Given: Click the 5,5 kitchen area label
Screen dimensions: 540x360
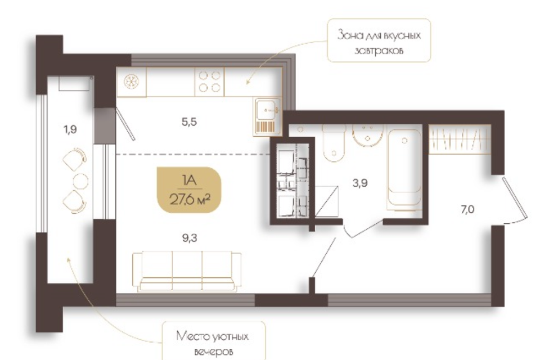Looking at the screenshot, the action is point(189,121).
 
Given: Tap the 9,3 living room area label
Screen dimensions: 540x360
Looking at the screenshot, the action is point(190,238).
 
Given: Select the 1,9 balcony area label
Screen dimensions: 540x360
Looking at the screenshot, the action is point(70,129).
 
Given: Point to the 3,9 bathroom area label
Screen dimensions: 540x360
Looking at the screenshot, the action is point(360,183).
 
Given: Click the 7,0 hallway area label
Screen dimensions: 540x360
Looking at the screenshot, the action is point(467,209).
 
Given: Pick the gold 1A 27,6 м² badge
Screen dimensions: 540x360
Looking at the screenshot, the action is point(189,190).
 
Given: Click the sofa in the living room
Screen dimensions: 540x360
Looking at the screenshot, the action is point(187,272).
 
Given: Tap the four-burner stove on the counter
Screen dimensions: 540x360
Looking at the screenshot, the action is point(209,82).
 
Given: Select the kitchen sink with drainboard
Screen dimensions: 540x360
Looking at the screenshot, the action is point(268,116).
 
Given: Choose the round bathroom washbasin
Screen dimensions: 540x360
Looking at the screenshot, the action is point(367,136).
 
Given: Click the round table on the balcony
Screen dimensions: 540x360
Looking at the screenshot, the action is point(80,181).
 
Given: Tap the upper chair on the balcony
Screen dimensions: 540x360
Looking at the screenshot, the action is point(75,159).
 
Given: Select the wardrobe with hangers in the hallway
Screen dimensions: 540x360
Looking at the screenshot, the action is point(460,139).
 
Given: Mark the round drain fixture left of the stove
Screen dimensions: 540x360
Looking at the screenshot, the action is point(131,82).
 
